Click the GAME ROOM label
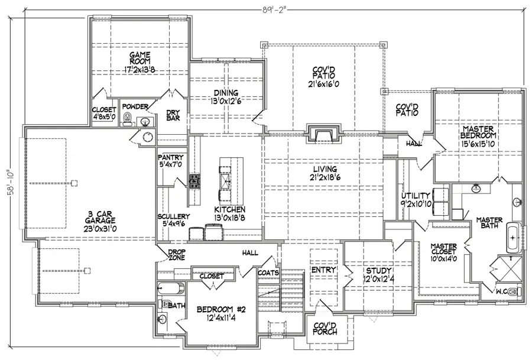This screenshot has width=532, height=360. pos(140,58)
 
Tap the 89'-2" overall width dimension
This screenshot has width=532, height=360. pos(274,10)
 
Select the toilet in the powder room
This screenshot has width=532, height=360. pos(128,119)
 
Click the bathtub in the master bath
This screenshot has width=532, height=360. pos(514,238)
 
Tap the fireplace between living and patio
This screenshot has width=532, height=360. pos(325,134)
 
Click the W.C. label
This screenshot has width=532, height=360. pos(501,291)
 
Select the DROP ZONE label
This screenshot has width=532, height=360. pos(177,255)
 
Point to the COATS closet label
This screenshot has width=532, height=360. pos(268,273)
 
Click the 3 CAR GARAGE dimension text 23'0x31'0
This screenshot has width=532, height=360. pos(100,229)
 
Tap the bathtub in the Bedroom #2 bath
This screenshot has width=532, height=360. pos(171,288)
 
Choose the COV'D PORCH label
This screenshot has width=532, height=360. pos(325,329)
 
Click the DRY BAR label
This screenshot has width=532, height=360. pos(173,115)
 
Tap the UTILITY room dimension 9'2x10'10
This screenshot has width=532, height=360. pos(416,204)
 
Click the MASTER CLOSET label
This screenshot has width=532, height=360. pos(444,249)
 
